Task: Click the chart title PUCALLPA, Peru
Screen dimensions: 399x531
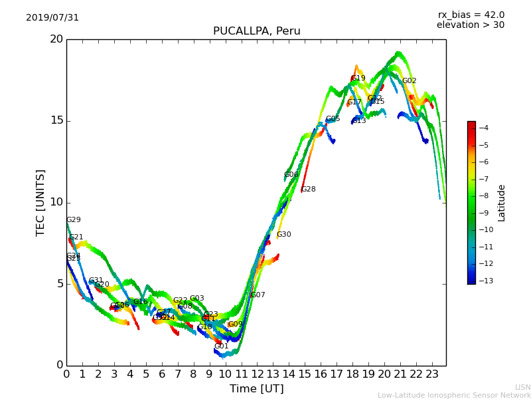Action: tap(256, 31)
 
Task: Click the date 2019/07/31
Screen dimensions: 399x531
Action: tap(52, 18)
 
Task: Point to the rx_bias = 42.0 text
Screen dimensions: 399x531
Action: tap(471, 15)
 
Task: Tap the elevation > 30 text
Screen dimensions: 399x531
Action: tap(471, 25)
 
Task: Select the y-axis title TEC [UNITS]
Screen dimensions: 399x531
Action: tap(41, 202)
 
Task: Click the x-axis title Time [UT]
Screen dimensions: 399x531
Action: tap(256, 388)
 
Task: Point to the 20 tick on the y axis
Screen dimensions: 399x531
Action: tap(56, 39)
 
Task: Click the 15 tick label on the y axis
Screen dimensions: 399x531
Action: tap(56, 120)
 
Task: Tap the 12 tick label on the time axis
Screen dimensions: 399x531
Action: tap(257, 374)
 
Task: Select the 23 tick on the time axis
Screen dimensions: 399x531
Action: tap(432, 374)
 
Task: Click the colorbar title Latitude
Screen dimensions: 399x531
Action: tap(502, 202)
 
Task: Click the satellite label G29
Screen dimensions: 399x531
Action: tap(73, 220)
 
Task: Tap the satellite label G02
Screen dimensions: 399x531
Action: tap(409, 81)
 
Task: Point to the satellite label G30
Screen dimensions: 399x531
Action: tap(283, 235)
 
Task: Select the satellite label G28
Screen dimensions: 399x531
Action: tap(308, 190)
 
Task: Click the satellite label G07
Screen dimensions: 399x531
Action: tap(258, 295)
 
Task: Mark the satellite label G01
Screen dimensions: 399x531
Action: tap(221, 346)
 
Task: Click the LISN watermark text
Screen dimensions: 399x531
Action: tap(522, 387)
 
